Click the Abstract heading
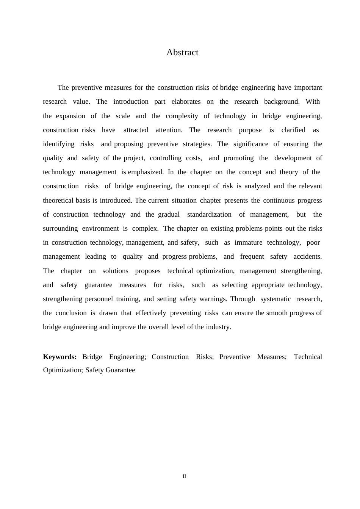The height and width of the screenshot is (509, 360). tap(182, 53)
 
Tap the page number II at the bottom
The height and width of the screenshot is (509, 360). tap(185, 476)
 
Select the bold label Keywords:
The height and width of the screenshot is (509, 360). tap(60, 357)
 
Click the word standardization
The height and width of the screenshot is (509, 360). tap(209, 214)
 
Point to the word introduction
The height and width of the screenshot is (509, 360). tap(131, 101)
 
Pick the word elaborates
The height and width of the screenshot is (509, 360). tap(186, 101)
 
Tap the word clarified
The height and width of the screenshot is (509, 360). tap(293, 130)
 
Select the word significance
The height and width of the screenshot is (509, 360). tap(250, 144)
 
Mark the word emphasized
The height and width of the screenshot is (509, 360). tap(146, 172)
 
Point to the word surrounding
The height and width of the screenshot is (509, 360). tap(60, 228)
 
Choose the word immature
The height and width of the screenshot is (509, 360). tap(248, 242)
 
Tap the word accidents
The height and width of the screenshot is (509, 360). tap(307, 256)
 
